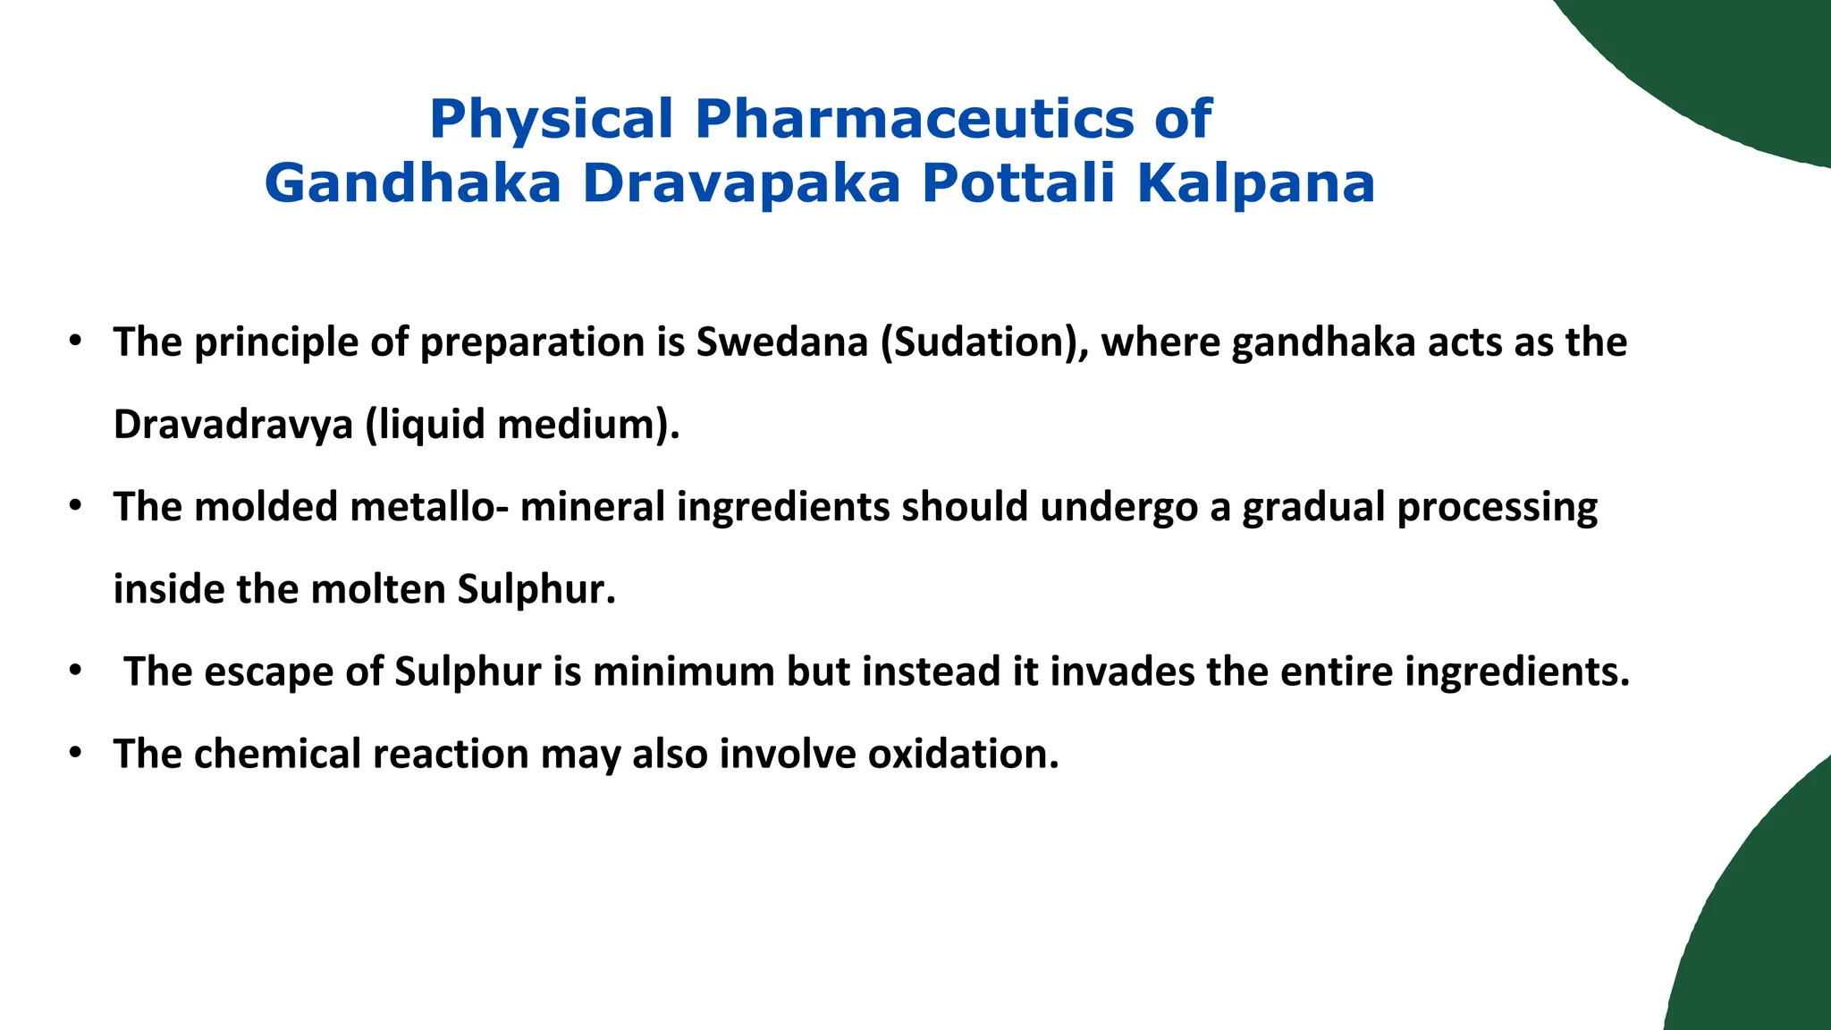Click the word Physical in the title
pos(551,120)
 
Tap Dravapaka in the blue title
pos(741,184)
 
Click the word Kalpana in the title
pos(1255,184)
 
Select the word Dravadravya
pos(233,425)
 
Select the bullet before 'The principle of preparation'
pos(76,342)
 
